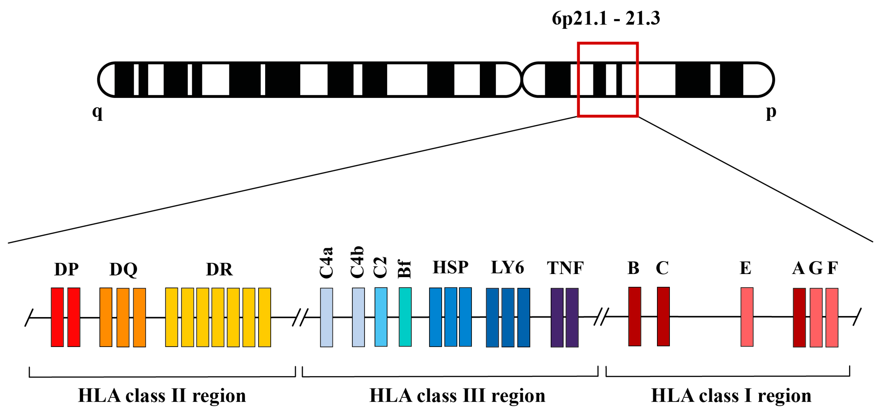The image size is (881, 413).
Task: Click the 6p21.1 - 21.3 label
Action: tap(606, 18)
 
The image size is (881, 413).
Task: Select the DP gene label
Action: tap(66, 269)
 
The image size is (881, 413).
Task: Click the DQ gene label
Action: tap(123, 269)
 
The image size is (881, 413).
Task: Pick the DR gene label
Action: tap(219, 269)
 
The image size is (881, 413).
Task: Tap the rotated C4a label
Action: tap(326, 263)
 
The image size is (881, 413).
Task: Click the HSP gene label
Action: tap(450, 267)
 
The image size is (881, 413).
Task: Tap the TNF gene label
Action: tap(565, 268)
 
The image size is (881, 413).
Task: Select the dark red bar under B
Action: tap(634, 316)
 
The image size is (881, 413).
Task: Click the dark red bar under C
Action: tap(663, 316)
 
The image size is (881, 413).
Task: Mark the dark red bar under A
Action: tap(799, 317)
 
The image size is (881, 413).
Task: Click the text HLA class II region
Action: tap(162, 396)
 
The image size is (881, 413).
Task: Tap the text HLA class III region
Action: tap(457, 396)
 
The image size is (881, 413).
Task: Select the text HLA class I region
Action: tap(731, 396)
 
